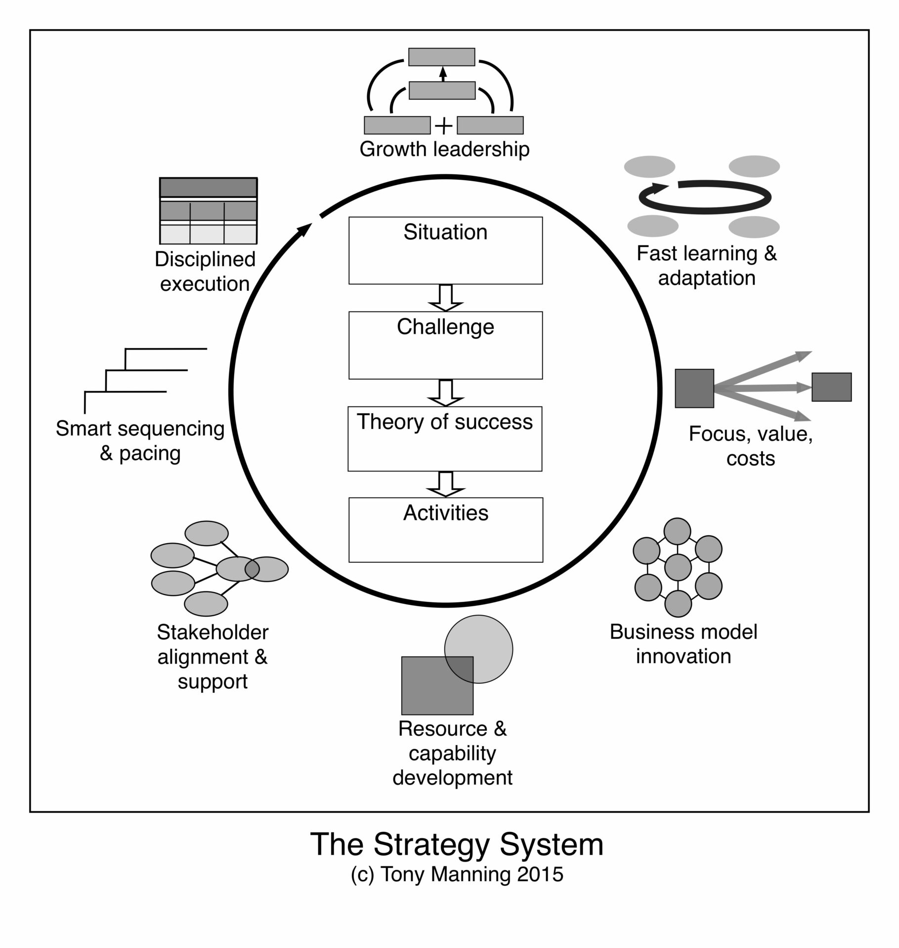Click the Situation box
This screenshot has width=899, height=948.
pos(445,250)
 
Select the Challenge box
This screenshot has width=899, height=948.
pos(445,345)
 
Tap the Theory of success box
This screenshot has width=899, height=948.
pos(445,438)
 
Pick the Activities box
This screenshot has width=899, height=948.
pos(446,530)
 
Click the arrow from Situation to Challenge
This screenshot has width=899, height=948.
pos(445,298)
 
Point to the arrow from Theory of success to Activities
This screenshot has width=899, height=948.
pos(446,484)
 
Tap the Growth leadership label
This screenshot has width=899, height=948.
pos(444,149)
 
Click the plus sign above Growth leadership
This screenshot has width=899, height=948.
pos(444,126)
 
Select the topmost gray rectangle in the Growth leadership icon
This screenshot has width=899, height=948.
pos(441,57)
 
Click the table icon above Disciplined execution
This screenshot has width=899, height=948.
pos(208,211)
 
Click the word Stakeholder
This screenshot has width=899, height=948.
pos(213,632)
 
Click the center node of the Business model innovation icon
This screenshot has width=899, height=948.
pos(678,567)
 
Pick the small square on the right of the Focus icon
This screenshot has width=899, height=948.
pos(831,387)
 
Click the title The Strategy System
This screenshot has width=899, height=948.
pos(457,844)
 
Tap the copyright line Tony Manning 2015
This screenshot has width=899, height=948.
pos(457,874)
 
